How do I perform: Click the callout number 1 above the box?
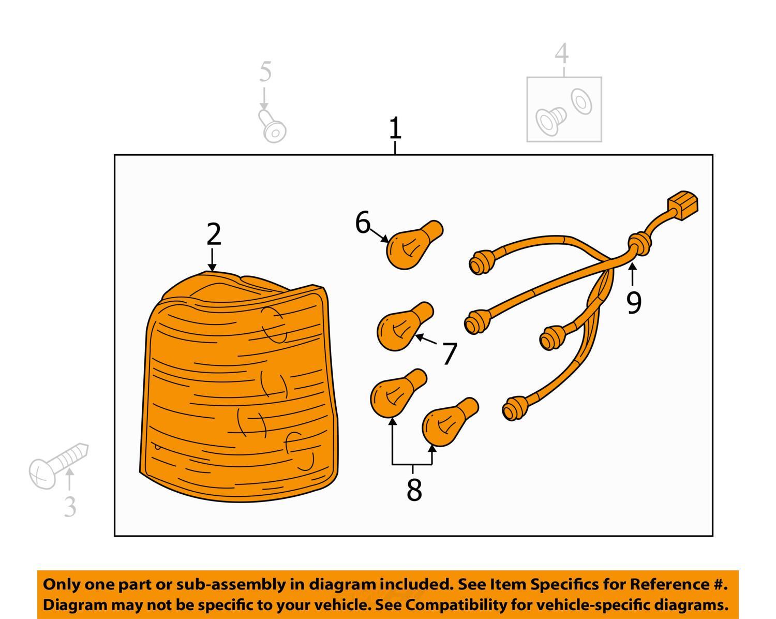point(395,128)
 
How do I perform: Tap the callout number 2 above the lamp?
point(214,234)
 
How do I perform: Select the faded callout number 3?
point(70,507)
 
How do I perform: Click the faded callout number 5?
point(265,71)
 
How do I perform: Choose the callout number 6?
point(363,222)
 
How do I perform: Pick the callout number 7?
point(449,354)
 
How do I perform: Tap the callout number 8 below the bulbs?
point(414,490)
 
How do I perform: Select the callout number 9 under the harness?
point(634,303)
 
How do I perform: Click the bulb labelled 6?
point(414,245)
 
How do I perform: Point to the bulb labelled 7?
point(405,326)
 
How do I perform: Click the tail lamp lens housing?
point(238,387)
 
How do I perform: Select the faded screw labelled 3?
point(58,465)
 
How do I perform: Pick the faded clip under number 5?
point(272,126)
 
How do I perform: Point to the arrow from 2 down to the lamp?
point(212,259)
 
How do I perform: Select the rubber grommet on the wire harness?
point(640,244)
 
